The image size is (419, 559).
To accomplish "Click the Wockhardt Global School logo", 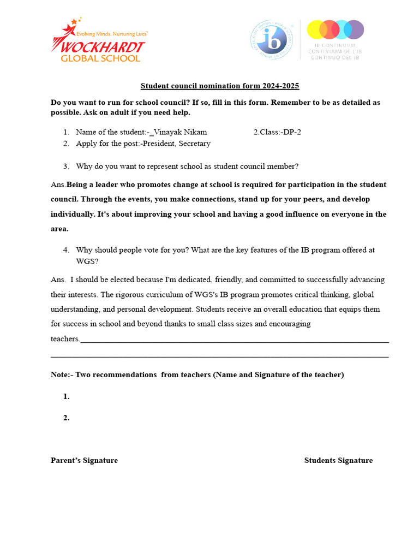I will click(x=98, y=41).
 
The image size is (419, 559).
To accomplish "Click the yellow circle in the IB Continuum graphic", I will click(x=317, y=29).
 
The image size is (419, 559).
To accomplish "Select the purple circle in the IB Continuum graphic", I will click(x=354, y=29).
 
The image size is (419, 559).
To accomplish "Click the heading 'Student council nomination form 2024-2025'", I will click(x=220, y=86).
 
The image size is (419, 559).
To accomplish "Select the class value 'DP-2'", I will click(x=290, y=132).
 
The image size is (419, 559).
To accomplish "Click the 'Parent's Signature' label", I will click(x=84, y=460).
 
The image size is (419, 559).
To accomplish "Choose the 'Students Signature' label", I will click(x=338, y=460).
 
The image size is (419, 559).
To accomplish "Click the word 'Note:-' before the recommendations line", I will click(x=61, y=374).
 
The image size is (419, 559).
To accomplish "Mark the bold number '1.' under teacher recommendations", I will click(x=66, y=397).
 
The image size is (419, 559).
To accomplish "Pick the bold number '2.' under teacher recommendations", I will click(x=66, y=418).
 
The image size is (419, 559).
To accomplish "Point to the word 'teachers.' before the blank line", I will click(x=65, y=338).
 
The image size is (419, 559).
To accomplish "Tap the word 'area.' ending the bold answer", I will click(x=59, y=229).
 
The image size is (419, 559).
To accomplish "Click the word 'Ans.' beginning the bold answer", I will click(x=58, y=185).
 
